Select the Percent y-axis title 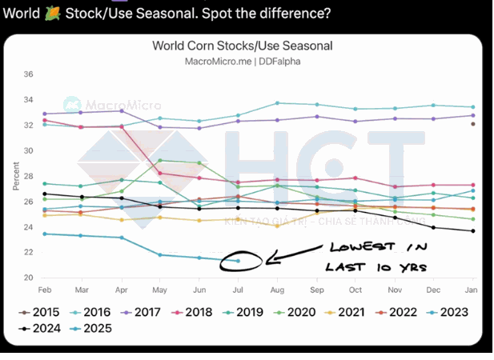click(x=15, y=176)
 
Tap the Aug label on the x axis click(x=277, y=289)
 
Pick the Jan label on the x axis click(x=472, y=289)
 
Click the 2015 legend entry click(x=40, y=312)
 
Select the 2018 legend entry click(x=196, y=312)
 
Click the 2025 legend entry click(x=92, y=328)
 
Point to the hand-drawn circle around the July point click(x=249, y=261)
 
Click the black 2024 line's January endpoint click(x=472, y=231)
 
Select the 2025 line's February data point click(x=44, y=234)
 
